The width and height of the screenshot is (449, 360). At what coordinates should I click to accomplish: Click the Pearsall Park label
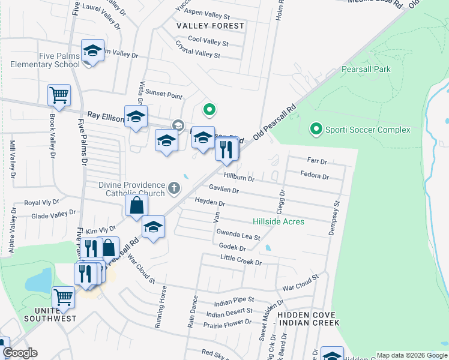pos(366,69)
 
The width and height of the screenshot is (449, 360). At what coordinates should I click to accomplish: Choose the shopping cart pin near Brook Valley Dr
pos(59,95)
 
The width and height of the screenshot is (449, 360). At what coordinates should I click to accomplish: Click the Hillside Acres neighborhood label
pos(278,221)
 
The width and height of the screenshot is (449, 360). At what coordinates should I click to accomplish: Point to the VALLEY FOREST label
pos(210,26)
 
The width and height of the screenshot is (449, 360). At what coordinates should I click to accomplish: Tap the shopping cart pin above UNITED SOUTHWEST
pos(63,297)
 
